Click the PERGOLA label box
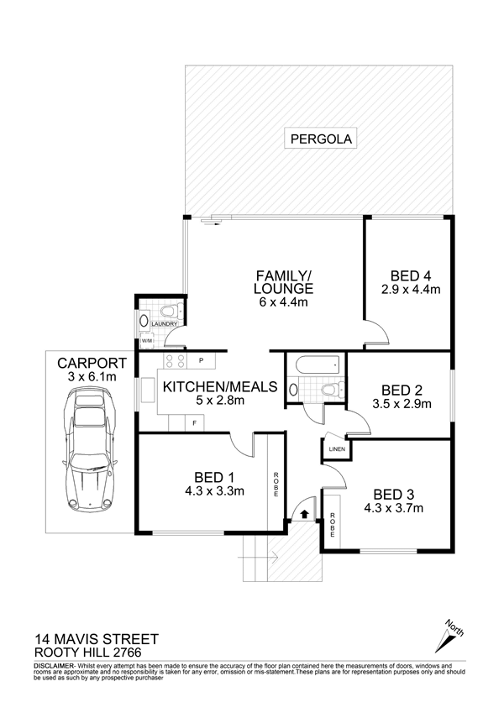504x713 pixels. [x=320, y=139]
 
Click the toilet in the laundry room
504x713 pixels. [x=171, y=311]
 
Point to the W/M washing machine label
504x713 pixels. [x=146, y=341]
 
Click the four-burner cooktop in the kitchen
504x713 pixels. [x=175, y=361]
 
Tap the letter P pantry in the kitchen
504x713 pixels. [x=201, y=360]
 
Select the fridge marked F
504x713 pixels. [x=194, y=423]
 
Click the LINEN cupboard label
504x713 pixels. [x=337, y=449]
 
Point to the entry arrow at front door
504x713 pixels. [x=304, y=514]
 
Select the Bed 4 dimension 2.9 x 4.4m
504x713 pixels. [x=410, y=289]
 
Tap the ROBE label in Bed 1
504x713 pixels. [x=276, y=485]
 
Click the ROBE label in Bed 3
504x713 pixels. [x=333, y=524]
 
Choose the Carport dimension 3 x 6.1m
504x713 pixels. [x=92, y=377]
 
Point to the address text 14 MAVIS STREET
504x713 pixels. [x=97, y=639]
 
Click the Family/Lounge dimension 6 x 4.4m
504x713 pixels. [x=283, y=301]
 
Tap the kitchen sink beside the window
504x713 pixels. [x=148, y=389]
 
